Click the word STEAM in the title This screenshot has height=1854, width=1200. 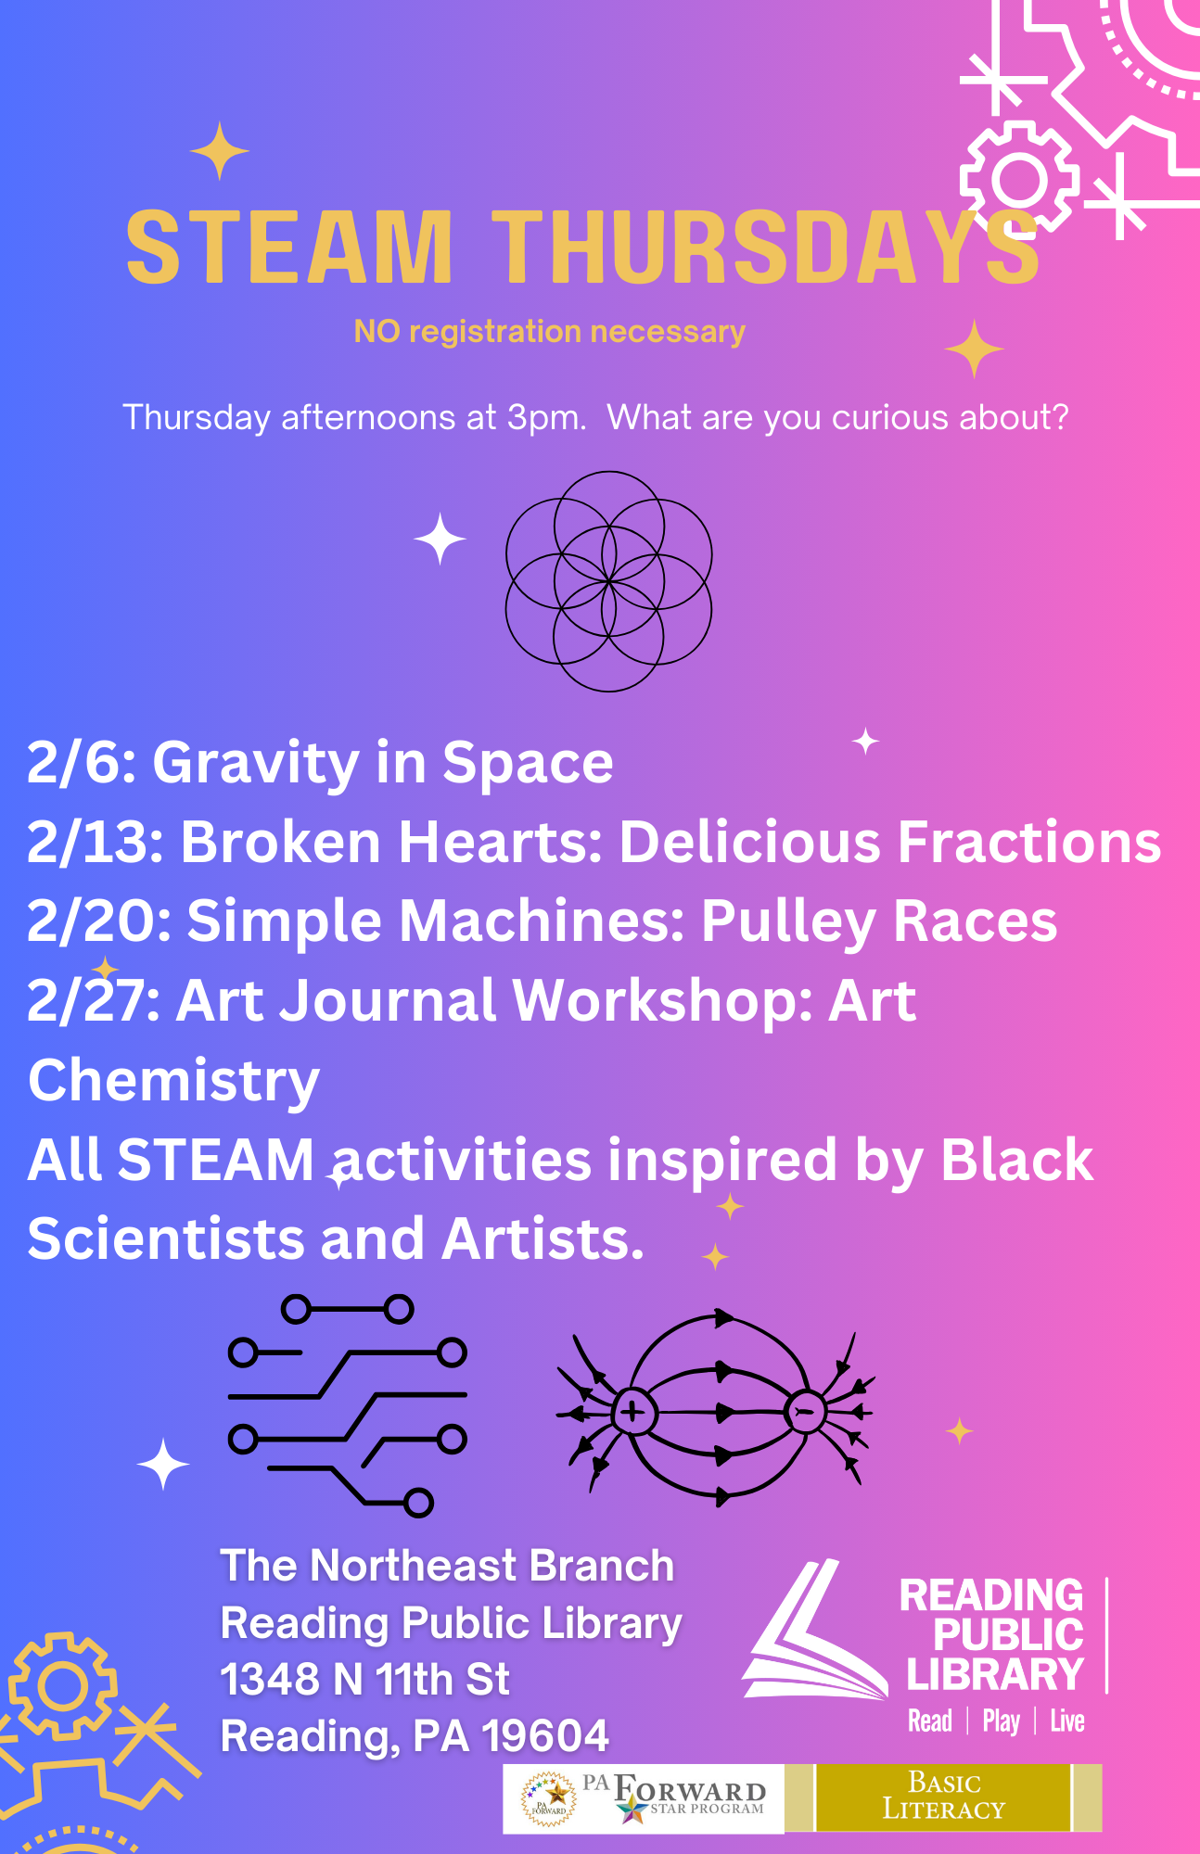tap(288, 248)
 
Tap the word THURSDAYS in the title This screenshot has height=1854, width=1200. tap(765, 248)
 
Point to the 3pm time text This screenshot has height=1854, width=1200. tap(545, 418)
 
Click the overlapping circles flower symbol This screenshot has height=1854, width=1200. tap(608, 581)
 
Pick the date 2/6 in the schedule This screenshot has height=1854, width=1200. tap(82, 763)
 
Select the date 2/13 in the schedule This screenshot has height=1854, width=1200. tap(95, 843)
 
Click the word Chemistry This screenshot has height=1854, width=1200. tap(173, 1082)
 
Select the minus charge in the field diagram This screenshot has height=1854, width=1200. tap(804, 1412)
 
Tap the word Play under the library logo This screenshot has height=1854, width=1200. tap(1001, 1721)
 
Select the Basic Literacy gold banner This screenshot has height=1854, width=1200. tap(943, 1797)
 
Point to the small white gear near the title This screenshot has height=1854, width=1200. tap(1019, 178)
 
